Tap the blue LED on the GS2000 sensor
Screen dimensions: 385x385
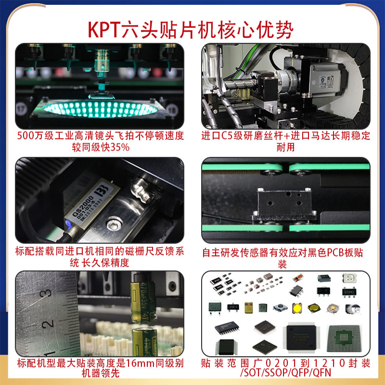[x=67, y=223]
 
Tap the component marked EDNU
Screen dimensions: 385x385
[x=350, y=292]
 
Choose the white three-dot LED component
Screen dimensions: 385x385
[x=351, y=279]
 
